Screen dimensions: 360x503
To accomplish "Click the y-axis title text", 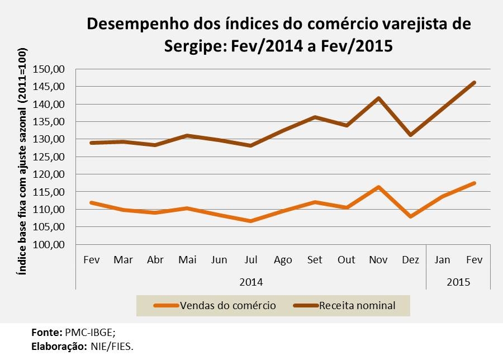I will (22, 168).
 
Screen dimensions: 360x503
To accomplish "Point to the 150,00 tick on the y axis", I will (50, 69).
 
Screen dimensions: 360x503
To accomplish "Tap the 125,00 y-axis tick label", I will (50, 157).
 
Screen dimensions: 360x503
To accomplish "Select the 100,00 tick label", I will (50, 245).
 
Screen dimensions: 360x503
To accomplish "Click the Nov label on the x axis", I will (378, 260).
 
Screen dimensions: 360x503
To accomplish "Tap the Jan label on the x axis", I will (442, 260).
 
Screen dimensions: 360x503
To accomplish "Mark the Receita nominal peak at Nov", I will (378, 98).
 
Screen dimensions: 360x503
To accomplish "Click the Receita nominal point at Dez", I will (410, 135).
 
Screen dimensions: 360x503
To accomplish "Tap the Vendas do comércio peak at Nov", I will (378, 187).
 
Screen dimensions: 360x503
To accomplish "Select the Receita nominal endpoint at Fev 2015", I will (474, 83).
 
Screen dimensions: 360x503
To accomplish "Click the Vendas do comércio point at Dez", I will (410, 216).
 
